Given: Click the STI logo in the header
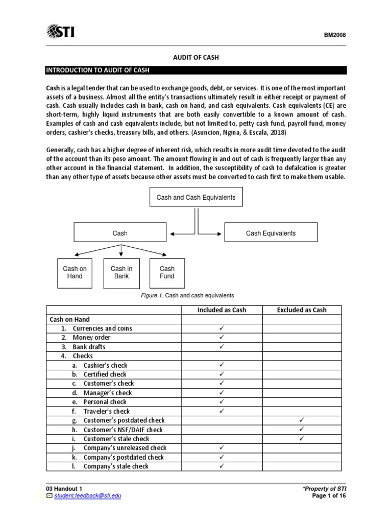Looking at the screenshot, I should (x=60, y=32).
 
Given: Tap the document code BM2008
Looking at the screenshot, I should (x=335, y=35).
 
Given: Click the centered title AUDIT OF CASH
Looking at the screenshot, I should (x=196, y=57).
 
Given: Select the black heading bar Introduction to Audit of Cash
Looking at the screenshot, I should (x=196, y=70).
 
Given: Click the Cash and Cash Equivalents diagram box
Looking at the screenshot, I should (x=196, y=197).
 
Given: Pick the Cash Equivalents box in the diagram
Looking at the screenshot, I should (x=271, y=233).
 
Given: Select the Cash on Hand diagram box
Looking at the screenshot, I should (x=75, y=272).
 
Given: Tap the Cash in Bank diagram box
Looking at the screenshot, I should (x=121, y=272).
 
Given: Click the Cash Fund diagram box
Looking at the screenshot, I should (x=167, y=272).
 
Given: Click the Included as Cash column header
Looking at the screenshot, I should (x=222, y=310).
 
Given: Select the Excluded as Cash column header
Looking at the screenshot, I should (x=301, y=310).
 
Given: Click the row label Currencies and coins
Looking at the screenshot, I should (x=102, y=328).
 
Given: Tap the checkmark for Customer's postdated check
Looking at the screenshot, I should (x=301, y=420).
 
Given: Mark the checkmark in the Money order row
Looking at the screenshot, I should (x=222, y=338).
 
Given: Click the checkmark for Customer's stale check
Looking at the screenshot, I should (x=301, y=438).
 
